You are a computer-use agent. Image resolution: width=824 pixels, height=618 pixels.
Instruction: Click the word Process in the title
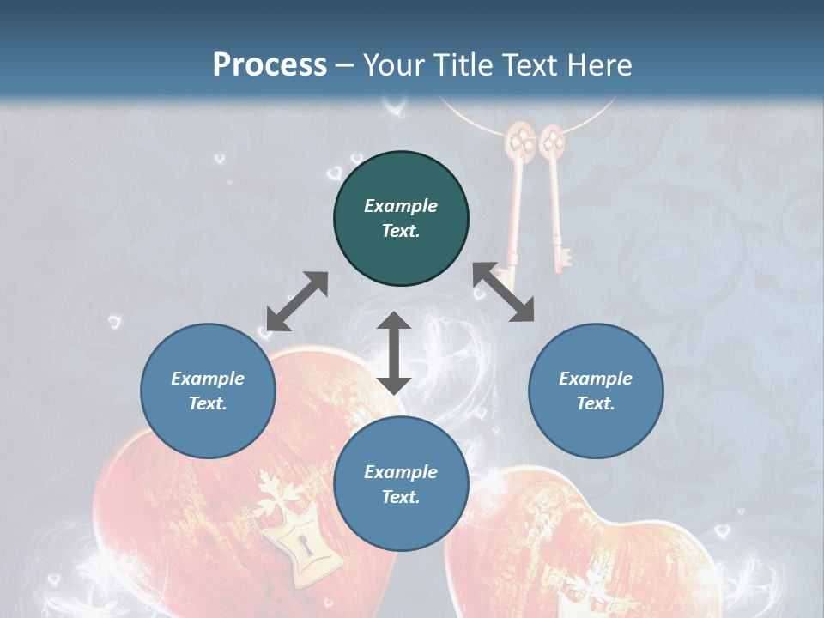point(270,65)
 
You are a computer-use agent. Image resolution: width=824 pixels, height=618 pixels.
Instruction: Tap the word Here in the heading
point(597,65)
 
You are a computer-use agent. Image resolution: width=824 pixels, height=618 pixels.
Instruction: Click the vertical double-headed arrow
point(394,353)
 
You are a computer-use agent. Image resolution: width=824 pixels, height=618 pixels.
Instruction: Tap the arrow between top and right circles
point(504,293)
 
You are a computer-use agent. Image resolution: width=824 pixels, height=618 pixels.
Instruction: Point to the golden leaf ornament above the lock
point(281,498)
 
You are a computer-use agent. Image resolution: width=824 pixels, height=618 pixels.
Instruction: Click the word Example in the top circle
point(401,206)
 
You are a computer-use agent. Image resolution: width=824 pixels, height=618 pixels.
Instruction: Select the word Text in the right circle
point(596,403)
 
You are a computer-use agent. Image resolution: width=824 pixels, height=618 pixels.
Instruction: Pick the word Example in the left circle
point(208,379)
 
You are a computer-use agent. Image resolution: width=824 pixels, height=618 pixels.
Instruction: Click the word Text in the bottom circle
point(401,497)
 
